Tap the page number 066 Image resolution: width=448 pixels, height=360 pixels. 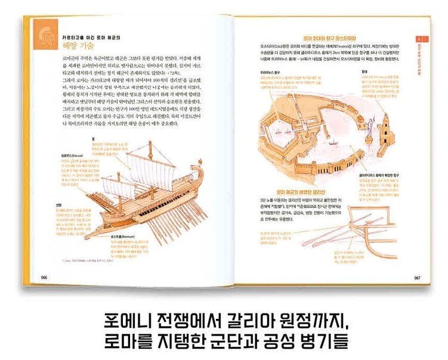(x=44, y=277)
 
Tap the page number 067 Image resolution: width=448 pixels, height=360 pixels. (x=418, y=277)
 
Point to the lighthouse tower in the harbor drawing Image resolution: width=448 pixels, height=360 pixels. (x=385, y=128)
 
